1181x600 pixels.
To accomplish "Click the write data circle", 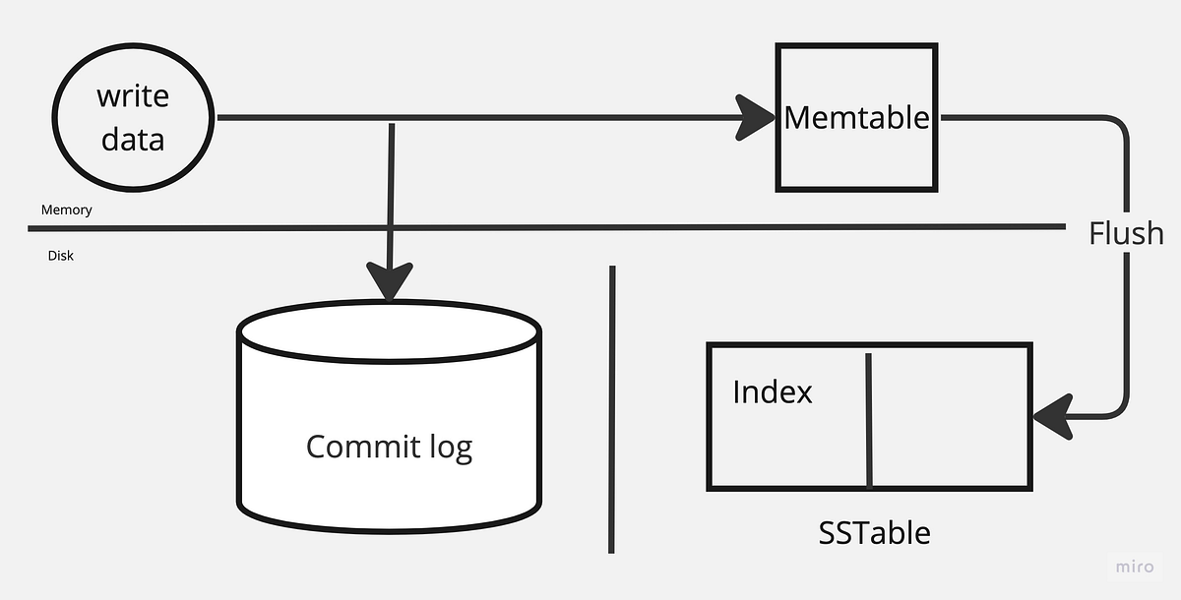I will coord(134,118).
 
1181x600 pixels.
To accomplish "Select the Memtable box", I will coord(856,118).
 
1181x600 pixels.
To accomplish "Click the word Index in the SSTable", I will coord(773,392).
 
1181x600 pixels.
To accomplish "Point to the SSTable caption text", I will coord(874,533).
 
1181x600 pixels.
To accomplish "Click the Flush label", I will coord(1126,233).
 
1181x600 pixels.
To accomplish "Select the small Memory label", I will coord(66,210).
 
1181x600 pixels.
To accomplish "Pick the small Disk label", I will coord(61,256).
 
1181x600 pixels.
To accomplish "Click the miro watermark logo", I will coord(1135,567).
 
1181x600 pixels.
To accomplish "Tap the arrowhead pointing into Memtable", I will coord(756,118).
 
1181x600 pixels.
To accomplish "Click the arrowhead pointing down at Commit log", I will coord(391,281).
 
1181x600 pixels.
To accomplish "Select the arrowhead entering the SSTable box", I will coord(1053,416).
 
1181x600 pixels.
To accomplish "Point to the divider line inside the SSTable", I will coord(868,418).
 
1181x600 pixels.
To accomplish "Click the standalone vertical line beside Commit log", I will coord(611,408).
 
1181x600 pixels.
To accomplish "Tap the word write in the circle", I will coord(133,96).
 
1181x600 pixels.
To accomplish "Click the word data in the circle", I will coord(133,139).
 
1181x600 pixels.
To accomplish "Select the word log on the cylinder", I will coord(449,447).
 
